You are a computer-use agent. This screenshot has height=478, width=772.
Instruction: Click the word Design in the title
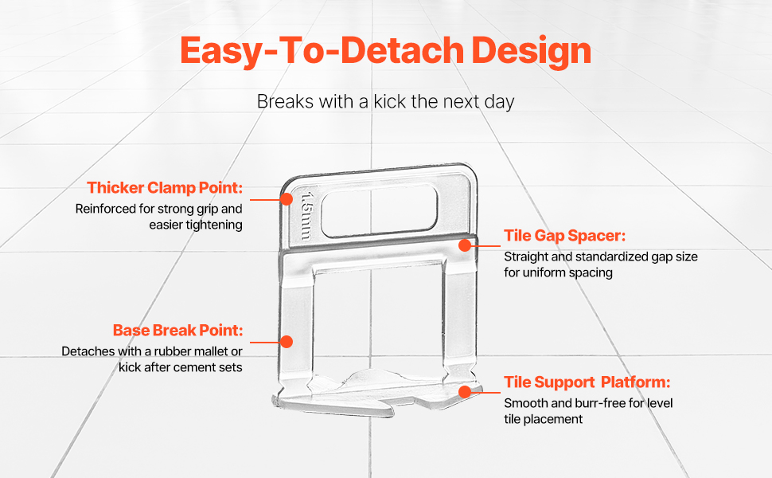click(531, 51)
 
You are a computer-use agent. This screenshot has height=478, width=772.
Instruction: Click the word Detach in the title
click(402, 50)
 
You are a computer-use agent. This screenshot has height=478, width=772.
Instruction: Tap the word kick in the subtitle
click(390, 101)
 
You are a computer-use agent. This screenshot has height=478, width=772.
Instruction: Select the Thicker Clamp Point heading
click(165, 188)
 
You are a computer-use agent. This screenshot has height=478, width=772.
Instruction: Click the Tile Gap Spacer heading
click(565, 236)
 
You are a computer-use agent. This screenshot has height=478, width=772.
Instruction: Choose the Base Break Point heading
click(177, 330)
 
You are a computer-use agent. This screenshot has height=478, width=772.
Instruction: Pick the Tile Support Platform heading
click(587, 382)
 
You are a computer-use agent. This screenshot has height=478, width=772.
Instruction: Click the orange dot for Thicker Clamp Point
click(287, 199)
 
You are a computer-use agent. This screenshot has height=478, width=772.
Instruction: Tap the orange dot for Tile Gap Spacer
click(465, 245)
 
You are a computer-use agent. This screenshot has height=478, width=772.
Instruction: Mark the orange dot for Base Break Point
click(287, 342)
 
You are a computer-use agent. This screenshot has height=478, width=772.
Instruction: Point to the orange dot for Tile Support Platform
click(465, 392)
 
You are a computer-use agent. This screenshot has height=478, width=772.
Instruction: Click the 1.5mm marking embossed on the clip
click(306, 216)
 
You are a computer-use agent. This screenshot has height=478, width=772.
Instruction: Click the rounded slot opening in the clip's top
click(379, 210)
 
